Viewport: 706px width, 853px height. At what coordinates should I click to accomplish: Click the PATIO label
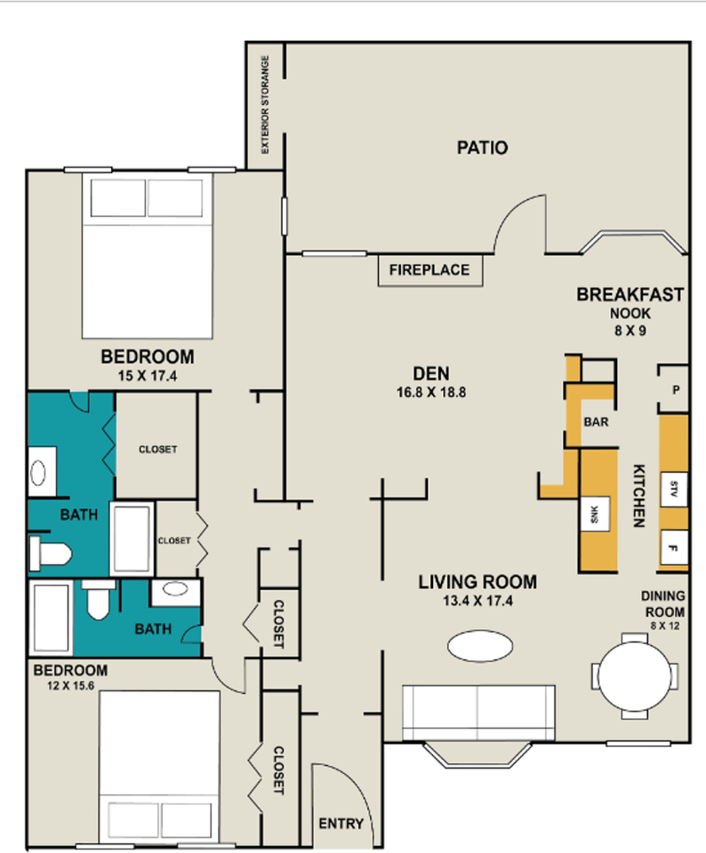tap(482, 147)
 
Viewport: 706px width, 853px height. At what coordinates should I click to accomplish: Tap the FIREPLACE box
tap(430, 270)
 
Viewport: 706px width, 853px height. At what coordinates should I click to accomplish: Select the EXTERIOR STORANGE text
tap(265, 105)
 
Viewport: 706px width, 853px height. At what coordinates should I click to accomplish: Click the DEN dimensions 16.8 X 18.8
tap(431, 392)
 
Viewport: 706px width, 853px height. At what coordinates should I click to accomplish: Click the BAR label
tap(596, 422)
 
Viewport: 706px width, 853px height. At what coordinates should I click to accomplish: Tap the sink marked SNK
tap(595, 514)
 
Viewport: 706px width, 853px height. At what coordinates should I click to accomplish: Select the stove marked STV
tap(674, 490)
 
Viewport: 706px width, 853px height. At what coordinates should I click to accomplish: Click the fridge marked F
tap(674, 548)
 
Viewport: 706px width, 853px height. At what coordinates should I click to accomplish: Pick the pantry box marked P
tap(674, 389)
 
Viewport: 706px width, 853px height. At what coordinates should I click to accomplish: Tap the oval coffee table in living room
tap(480, 646)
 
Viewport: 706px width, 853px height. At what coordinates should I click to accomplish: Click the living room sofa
tap(478, 713)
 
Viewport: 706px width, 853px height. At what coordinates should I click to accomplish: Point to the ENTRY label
tap(341, 824)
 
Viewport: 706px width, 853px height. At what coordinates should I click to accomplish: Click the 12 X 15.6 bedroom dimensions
tap(71, 686)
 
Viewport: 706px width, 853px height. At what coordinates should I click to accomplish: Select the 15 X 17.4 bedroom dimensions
tap(148, 376)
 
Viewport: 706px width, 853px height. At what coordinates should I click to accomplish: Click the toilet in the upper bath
tap(50, 554)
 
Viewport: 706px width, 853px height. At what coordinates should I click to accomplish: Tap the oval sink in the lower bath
tap(175, 588)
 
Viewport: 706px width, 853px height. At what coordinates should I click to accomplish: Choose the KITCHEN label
tap(639, 496)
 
